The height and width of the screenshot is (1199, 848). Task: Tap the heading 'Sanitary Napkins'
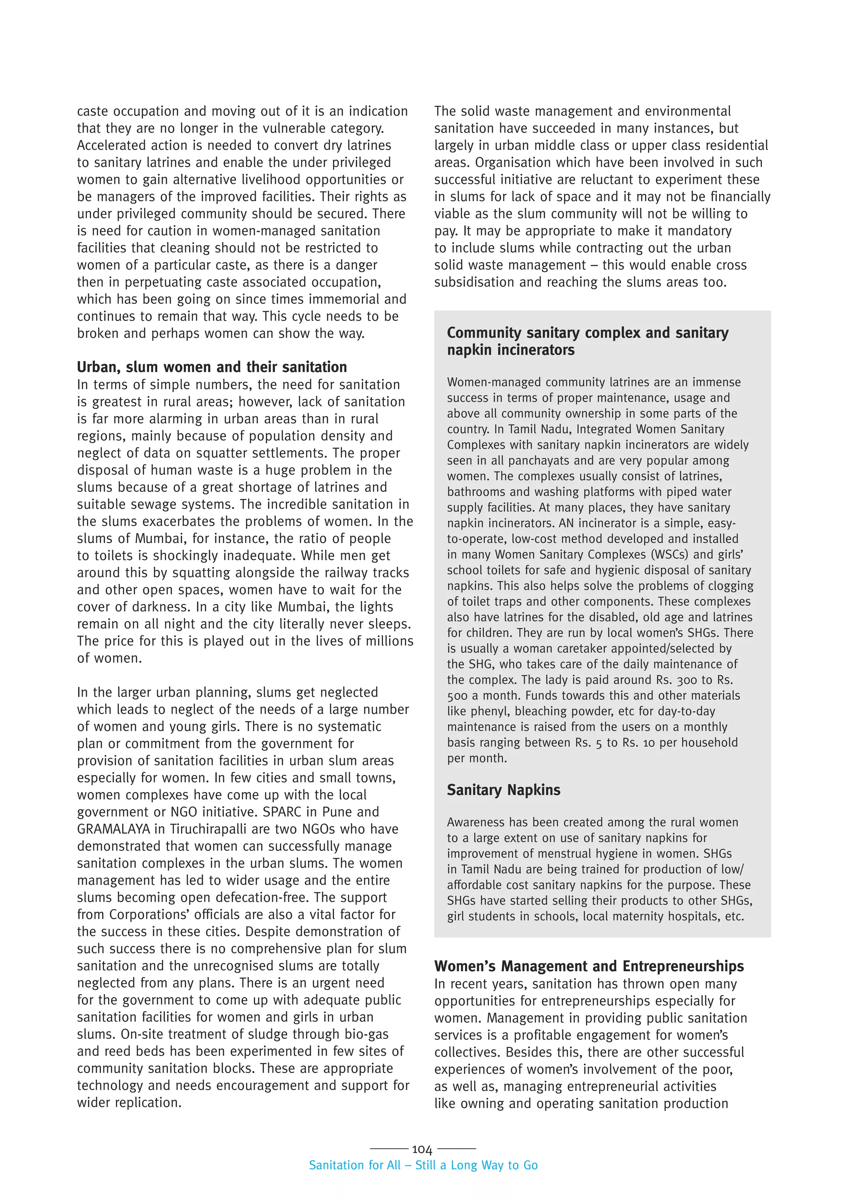coord(503,790)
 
